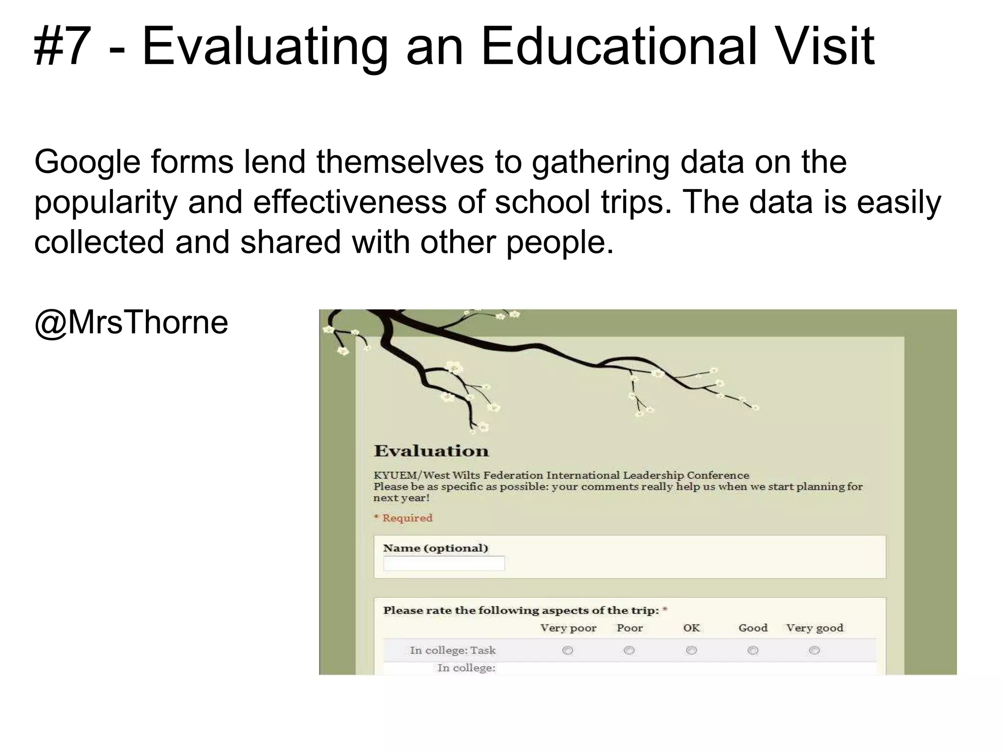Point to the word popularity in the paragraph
106,202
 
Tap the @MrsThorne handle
131,323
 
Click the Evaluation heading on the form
431,451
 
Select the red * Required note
403,518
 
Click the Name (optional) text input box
444,564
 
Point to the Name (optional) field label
435,548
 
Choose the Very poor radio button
568,650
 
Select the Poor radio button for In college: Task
629,650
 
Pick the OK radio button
691,650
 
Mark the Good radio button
753,650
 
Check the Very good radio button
814,650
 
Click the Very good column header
815,628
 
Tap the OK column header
691,628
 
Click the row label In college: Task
453,651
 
